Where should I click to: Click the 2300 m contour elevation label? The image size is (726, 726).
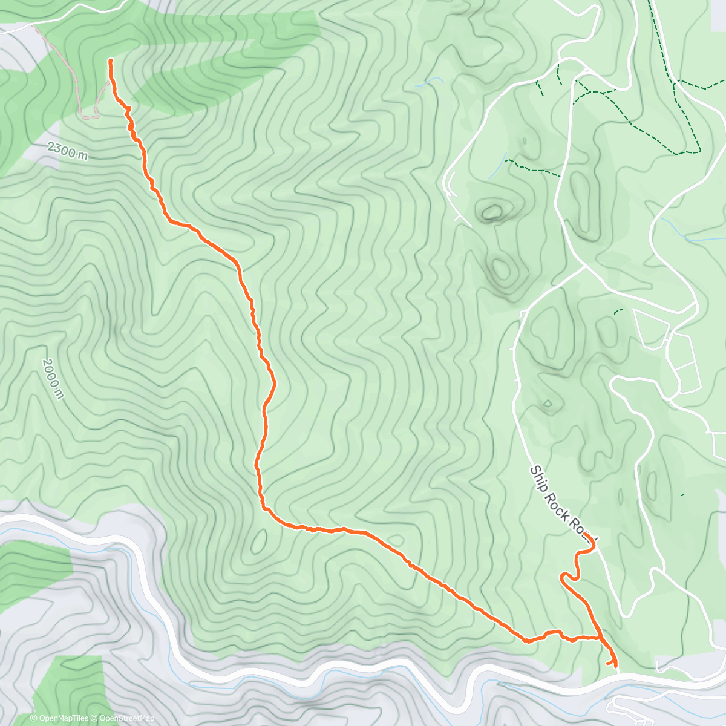tap(67, 151)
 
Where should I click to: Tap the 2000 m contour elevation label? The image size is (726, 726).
tap(53, 378)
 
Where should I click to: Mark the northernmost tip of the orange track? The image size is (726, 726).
tap(110, 60)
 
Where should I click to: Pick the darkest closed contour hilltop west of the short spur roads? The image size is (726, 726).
tap(491, 212)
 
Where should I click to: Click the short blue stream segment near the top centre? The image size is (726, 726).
tap(429, 81)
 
